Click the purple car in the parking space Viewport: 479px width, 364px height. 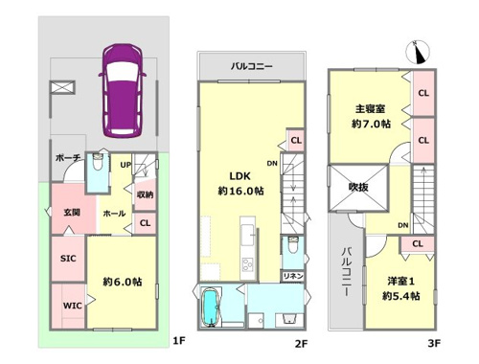click(123, 91)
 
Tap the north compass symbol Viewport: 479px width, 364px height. click(418, 52)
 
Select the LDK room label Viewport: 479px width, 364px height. click(240, 176)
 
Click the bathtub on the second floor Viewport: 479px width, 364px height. click(211, 307)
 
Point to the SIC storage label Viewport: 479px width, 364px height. click(68, 259)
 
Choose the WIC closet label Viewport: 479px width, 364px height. click(72, 306)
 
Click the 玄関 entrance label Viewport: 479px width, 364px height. click(72, 212)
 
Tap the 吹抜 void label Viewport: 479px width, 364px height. click(358, 187)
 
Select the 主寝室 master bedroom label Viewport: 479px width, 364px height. click(371, 109)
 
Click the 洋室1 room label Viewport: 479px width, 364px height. click(400, 281)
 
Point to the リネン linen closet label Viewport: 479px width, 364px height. click(293, 276)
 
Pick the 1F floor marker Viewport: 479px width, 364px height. click(179, 341)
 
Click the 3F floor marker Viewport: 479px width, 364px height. click(434, 343)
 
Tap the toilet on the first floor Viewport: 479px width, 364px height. click(97, 162)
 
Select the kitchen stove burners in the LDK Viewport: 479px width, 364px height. click(248, 264)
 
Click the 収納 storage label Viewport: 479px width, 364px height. click(145, 194)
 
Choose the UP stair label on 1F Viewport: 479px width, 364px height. click(125, 165)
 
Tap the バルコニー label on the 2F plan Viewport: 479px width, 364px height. click(252, 66)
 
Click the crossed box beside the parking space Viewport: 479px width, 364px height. click(62, 87)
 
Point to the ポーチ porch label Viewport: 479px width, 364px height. click(67, 157)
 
